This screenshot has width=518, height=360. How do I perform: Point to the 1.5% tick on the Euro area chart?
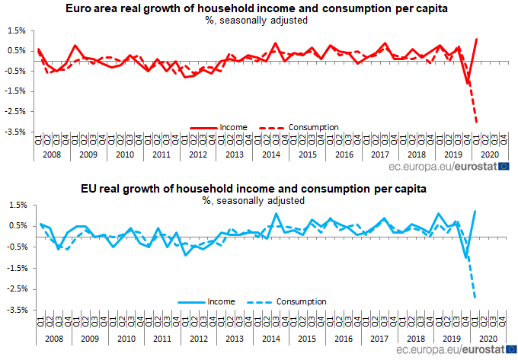tap(16, 30)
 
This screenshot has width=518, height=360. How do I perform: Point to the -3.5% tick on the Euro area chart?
tap(14, 132)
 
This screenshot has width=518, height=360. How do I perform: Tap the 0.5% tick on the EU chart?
tap(16, 225)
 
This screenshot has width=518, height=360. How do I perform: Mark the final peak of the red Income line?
tap(477, 39)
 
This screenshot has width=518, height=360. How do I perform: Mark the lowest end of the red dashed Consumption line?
tap(477, 122)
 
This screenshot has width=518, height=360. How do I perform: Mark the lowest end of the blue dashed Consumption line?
tap(476, 297)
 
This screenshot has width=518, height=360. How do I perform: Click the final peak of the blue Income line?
tap(476, 211)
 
